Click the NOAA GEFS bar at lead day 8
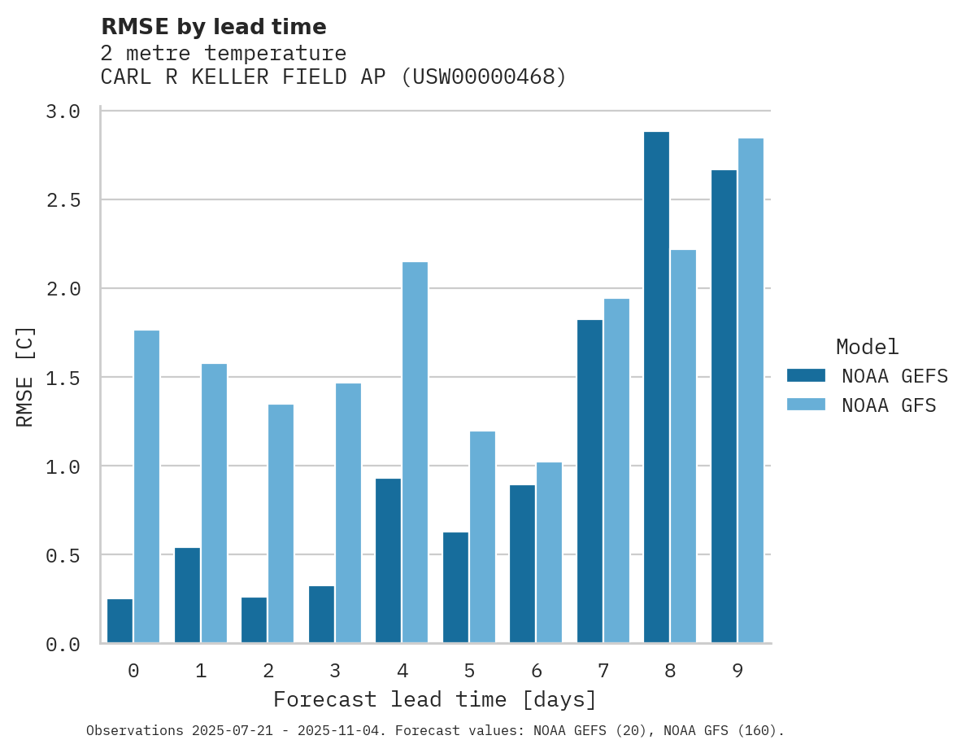(x=656, y=387)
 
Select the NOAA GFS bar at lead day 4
(x=415, y=453)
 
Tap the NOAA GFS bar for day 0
(x=146, y=487)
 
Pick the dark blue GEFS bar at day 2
(x=254, y=620)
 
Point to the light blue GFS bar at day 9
(x=751, y=391)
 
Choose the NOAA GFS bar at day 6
(x=549, y=553)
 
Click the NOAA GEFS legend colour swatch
(x=806, y=375)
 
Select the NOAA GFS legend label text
(x=889, y=405)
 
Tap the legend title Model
(x=867, y=347)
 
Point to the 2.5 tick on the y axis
(x=63, y=200)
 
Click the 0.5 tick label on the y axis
(x=63, y=556)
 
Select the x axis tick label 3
(x=335, y=671)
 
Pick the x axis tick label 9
(x=738, y=671)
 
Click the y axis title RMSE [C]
(x=25, y=377)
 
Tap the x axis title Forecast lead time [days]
(x=435, y=699)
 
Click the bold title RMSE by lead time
(x=213, y=27)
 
